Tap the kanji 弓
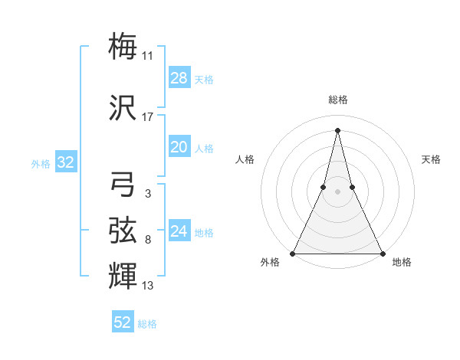(123, 185)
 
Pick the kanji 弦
(123, 229)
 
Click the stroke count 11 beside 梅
(148, 56)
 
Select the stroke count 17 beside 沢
(148, 117)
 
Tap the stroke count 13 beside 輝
(148, 286)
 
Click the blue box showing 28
(179, 78)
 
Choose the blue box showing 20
(179, 147)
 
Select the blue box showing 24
(179, 231)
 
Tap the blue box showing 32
(65, 162)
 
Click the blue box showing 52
(123, 322)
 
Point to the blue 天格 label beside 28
(204, 79)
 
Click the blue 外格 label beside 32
(41, 163)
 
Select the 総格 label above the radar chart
(337, 100)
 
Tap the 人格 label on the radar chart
(245, 159)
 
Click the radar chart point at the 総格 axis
(337, 130)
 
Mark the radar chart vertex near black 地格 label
(381, 253)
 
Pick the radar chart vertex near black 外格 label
(294, 253)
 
